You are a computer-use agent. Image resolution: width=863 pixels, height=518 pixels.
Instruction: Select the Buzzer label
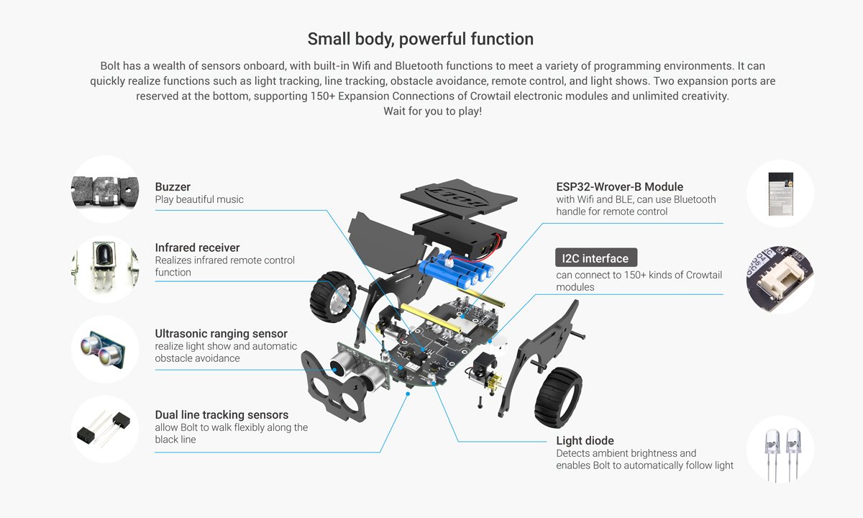173,187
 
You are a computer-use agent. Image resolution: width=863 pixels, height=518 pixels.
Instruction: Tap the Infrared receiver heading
197,247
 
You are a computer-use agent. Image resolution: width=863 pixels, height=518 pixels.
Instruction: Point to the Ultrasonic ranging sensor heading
221,334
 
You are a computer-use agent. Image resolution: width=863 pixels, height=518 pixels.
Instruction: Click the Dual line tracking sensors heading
222,415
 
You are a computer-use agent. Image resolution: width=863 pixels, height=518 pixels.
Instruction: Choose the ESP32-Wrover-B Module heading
619,187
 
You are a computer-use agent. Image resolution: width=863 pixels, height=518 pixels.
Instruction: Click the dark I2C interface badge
595,258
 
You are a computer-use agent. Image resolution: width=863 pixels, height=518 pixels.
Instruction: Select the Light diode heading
585,441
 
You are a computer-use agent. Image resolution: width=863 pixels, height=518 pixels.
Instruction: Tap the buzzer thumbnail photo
106,190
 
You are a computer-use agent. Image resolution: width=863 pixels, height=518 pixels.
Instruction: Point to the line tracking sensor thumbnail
106,430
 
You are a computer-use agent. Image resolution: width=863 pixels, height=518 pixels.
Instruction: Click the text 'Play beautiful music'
199,199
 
